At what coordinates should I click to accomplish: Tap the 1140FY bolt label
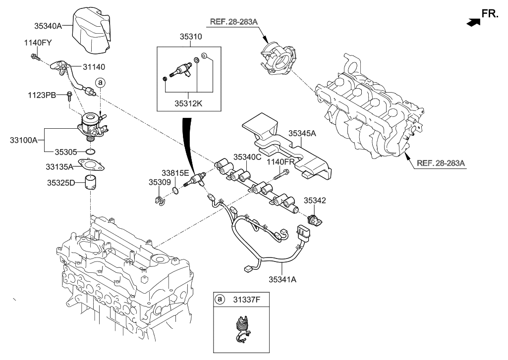tap(37, 44)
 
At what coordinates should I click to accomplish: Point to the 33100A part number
tap(23, 141)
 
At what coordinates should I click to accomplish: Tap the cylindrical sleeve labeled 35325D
tap(91, 183)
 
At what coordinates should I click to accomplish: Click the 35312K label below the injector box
tap(188, 104)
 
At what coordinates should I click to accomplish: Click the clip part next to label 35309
tap(159, 202)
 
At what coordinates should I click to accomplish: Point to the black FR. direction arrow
tap(474, 21)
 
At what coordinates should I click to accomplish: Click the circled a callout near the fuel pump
tap(100, 82)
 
